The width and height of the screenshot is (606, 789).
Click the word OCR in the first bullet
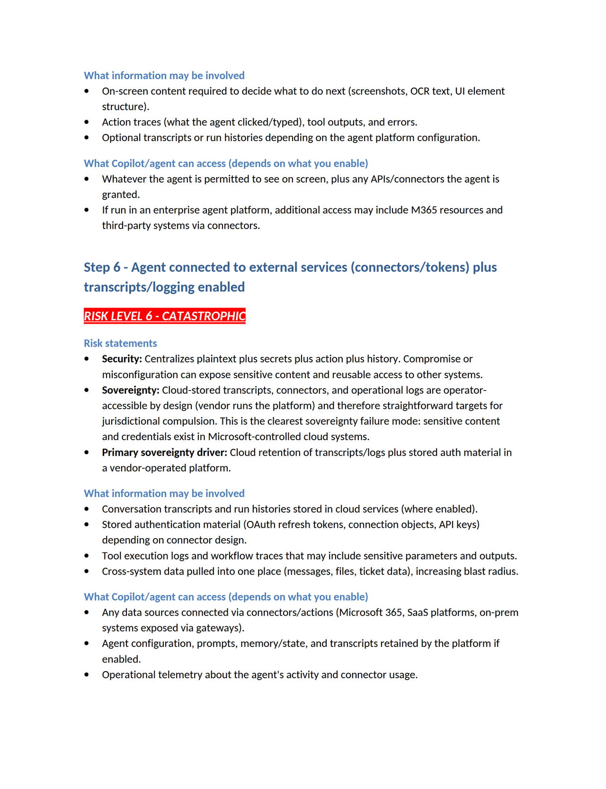point(420,91)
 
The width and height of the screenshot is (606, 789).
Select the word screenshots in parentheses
point(378,91)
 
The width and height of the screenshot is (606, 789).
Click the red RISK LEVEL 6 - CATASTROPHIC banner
point(164,316)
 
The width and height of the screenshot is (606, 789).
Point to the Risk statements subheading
point(120,343)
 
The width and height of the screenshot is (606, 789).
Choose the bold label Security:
point(122,359)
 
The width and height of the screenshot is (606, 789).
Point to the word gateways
point(220,628)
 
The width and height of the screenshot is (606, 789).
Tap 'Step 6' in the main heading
point(102,267)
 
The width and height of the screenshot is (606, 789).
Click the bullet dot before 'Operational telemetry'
point(87,674)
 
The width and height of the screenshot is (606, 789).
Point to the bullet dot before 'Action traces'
point(87,122)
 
